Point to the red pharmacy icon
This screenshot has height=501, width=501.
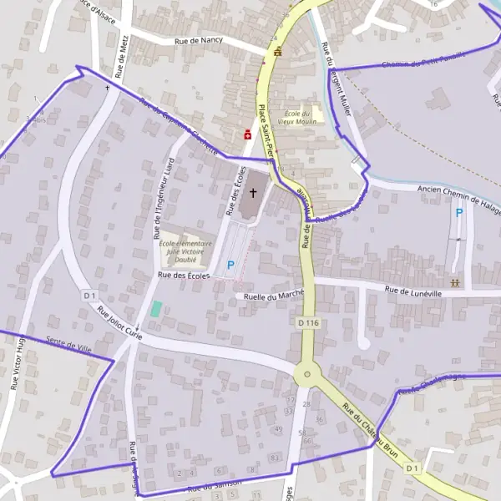coord(247,134)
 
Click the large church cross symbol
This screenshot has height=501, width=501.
coord(253,193)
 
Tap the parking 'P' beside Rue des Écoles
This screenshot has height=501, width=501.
coord(231,265)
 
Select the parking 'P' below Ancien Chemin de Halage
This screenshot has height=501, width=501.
coord(458,214)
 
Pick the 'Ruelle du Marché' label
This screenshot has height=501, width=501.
coord(272,295)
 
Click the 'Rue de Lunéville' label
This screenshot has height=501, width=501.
coord(412,290)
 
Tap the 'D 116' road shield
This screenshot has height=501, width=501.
coord(307,322)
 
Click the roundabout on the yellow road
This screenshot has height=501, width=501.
coord(306,375)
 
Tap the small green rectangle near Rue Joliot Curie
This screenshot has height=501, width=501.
coord(156,308)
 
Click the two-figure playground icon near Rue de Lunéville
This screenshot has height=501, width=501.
coord(456,282)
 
